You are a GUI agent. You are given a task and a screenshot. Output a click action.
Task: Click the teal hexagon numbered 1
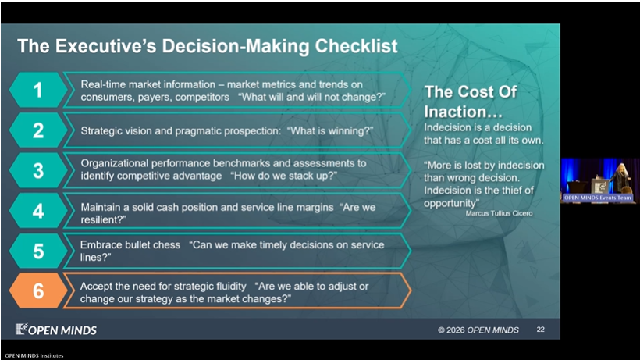click(38, 91)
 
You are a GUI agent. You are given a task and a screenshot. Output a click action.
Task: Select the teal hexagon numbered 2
click(38, 130)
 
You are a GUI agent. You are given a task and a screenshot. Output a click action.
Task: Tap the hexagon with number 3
click(38, 170)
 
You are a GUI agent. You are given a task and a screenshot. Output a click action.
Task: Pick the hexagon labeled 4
click(38, 211)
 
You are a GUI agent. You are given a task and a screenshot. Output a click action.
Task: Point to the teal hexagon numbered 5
click(38, 251)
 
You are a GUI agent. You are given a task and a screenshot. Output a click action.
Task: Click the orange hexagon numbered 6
click(38, 290)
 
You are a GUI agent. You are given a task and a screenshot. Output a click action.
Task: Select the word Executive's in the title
click(105, 46)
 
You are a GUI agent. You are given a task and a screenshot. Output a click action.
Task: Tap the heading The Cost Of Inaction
click(470, 102)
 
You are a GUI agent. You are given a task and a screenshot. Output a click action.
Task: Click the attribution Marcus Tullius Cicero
click(499, 213)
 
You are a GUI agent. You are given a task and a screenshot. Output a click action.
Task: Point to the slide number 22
click(540, 330)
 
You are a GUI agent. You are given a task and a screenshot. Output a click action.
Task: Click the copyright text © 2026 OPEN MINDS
click(478, 330)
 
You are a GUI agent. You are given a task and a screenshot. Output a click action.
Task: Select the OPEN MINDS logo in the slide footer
click(56, 329)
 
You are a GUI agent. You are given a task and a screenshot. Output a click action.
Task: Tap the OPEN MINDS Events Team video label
click(598, 198)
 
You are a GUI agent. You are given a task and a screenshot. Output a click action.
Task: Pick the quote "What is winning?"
click(330, 130)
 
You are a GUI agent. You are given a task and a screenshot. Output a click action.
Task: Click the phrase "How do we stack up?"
click(283, 176)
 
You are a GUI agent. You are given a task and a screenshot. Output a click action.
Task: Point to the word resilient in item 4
click(101, 219)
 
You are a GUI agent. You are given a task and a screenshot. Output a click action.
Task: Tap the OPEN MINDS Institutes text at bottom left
click(34, 355)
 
